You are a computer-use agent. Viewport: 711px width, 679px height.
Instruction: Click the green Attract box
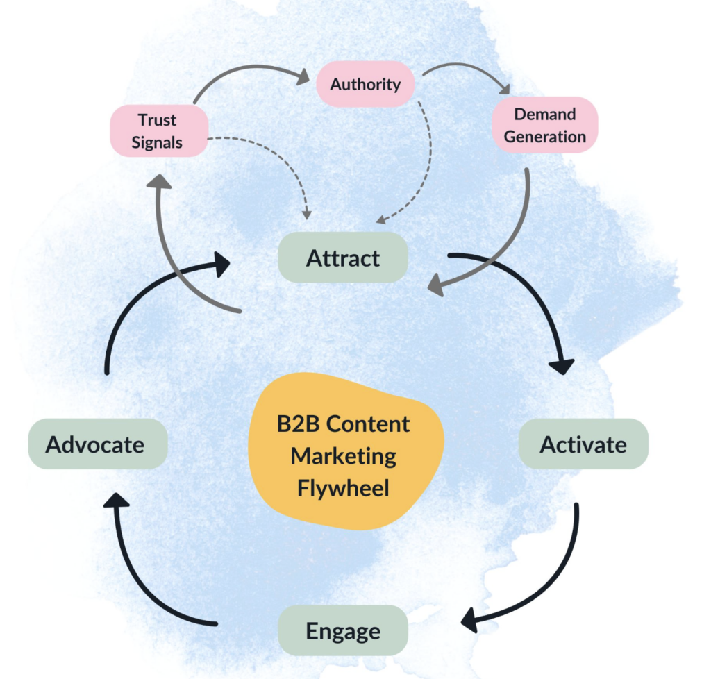[x=342, y=258]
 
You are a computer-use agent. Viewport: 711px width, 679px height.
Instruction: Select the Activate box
[x=583, y=444]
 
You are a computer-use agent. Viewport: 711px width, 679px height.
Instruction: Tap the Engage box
[x=342, y=630]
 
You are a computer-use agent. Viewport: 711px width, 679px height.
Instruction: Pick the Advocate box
[x=97, y=444]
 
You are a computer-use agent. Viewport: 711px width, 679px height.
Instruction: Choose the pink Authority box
[x=365, y=85]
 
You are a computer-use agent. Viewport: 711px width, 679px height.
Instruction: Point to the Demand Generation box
[x=545, y=125]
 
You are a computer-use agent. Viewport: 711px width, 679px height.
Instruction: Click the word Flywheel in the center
[x=343, y=487]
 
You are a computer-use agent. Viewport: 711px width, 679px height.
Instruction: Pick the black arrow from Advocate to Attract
[x=139, y=299]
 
